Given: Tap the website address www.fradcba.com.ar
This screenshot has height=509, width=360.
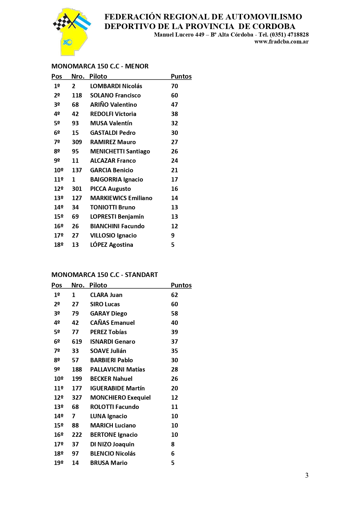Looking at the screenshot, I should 281,41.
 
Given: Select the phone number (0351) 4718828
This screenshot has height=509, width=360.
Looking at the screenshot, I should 289,35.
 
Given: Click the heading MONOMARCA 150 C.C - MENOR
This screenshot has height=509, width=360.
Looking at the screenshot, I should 100,66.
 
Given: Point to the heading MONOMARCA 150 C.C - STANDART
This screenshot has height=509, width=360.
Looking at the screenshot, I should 104,275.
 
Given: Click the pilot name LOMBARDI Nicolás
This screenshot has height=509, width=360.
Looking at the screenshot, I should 116,86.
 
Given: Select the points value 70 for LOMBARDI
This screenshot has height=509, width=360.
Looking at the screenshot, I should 174,86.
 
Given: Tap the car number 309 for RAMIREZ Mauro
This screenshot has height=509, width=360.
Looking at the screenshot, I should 77,142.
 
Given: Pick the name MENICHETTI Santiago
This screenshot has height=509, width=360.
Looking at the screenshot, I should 120,151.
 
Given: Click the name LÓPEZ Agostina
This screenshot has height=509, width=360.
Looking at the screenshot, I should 111,245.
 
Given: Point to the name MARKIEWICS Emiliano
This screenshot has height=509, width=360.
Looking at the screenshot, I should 121,198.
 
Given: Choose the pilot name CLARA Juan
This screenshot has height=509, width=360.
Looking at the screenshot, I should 106,295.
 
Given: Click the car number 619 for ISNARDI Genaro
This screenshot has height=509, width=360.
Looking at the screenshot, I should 77,342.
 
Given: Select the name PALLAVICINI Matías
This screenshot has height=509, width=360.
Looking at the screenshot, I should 117,369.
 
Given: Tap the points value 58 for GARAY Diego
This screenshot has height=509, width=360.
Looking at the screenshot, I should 174,314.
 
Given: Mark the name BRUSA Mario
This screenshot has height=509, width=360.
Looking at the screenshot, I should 108,463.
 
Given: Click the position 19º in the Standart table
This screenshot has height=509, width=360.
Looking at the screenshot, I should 59,463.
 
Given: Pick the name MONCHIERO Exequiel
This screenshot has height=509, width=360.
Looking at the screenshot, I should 120,398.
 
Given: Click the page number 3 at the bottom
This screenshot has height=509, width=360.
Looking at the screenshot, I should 307,475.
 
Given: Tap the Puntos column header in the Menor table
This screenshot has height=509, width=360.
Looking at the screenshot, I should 181,77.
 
